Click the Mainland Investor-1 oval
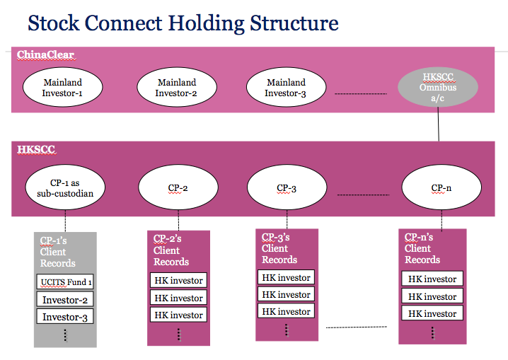62,87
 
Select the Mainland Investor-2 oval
177,87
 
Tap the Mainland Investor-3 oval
286,87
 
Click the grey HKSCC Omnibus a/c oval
438,87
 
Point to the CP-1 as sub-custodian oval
65,187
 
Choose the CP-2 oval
178,187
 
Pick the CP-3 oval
287,187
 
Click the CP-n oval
441,187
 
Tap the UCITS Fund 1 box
65,281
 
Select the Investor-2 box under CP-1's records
65,299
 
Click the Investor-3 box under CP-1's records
65,317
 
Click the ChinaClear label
46,54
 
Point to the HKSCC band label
36,149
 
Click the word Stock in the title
54,23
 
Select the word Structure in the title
294,23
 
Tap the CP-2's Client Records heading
171,250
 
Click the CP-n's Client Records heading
422,248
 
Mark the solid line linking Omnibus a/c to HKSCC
439,124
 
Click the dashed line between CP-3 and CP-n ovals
363,195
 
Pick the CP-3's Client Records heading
279,248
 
